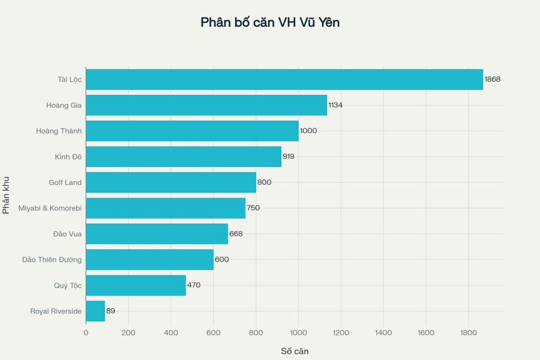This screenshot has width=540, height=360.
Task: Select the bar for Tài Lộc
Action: (x=284, y=79)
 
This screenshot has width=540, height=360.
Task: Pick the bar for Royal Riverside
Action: (x=95, y=311)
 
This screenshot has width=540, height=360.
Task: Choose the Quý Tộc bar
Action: (x=136, y=285)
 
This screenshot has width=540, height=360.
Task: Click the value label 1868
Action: (x=493, y=79)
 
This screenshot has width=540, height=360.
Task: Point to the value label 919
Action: (x=288, y=157)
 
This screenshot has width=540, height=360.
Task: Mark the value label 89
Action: (x=111, y=311)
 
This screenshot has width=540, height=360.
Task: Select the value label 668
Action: (x=236, y=233)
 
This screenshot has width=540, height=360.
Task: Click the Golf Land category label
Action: (x=65, y=182)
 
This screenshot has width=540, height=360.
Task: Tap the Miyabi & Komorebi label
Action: (x=50, y=208)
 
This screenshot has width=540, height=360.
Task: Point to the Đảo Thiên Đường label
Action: (x=52, y=259)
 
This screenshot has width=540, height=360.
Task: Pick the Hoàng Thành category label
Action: (x=59, y=131)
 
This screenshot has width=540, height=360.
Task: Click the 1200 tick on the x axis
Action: (x=341, y=333)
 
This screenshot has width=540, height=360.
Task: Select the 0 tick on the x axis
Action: (x=86, y=333)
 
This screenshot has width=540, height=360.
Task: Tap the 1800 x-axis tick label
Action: (x=468, y=333)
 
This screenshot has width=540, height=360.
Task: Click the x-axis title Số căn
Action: (x=294, y=351)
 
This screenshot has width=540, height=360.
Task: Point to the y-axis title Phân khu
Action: (x=6, y=195)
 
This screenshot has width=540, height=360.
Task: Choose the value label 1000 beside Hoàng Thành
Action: (x=308, y=131)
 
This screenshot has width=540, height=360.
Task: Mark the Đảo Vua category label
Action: (x=67, y=233)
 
